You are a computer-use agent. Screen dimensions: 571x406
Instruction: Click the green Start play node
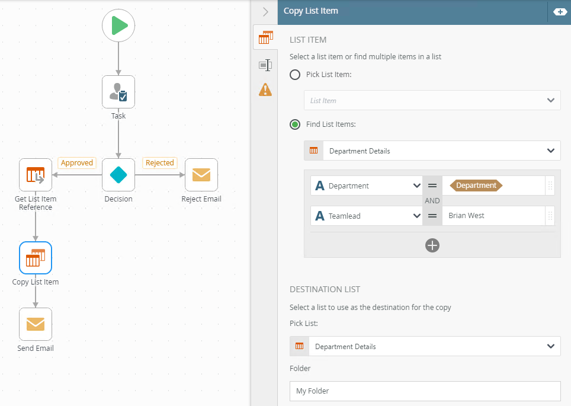coord(118,25)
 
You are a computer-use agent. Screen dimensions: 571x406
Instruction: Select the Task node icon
coord(118,92)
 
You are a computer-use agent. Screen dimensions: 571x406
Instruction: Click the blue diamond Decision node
coord(118,175)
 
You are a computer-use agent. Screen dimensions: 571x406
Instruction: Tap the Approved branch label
coord(77,162)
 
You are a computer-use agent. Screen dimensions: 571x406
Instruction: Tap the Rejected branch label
coord(160,162)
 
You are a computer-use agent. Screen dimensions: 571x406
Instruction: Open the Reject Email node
coord(201,175)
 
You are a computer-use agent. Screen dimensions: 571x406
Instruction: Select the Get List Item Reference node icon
coord(36,175)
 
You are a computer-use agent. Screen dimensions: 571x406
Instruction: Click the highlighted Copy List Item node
coord(36,258)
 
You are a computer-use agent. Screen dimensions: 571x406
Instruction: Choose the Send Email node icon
coord(36,324)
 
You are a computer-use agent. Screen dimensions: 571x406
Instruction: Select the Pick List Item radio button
coord(295,75)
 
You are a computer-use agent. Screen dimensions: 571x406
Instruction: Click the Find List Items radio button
coord(295,124)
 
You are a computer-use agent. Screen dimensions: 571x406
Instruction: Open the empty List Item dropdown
coord(432,100)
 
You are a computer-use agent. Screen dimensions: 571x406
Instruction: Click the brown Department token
coord(476,186)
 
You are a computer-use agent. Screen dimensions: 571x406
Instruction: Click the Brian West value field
coord(493,216)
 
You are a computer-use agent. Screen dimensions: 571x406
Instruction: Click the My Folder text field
coord(425,391)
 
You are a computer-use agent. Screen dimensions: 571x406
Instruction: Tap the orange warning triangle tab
coord(265,89)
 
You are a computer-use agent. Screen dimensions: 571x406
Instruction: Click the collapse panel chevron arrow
coord(265,12)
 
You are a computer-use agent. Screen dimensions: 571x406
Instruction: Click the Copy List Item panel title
coord(310,11)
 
